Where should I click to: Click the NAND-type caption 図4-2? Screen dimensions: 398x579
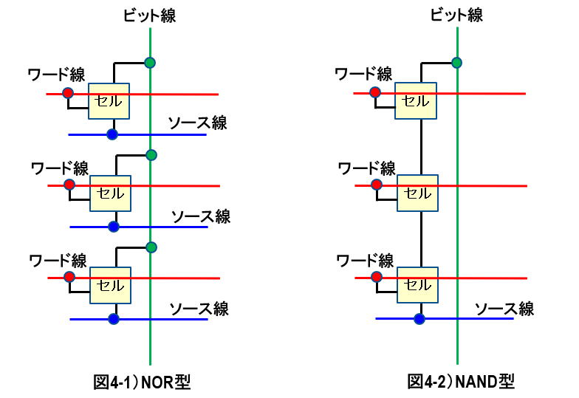pos(462,382)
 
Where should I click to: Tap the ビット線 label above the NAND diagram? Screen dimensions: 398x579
pos(458,15)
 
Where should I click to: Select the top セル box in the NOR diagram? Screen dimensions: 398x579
pos(109,101)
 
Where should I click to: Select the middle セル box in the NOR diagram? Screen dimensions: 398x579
pos(110,193)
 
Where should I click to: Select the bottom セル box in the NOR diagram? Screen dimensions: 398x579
pos(110,285)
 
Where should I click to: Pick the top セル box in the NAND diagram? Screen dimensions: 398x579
pos(416,100)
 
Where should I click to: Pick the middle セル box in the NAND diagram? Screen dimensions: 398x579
pos(417,193)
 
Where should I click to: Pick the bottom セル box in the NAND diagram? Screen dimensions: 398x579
pos(417,284)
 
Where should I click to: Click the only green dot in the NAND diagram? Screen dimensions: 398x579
pos(457,62)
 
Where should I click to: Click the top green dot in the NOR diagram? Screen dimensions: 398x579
pos(150,62)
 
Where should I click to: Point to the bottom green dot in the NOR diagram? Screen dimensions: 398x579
pos(151,247)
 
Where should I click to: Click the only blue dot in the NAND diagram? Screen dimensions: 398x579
pos(419,319)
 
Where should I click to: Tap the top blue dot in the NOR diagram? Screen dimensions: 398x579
pos(112,134)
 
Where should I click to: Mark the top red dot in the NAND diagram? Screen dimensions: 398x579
pos(375,93)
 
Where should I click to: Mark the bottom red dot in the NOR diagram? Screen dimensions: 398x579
pos(69,277)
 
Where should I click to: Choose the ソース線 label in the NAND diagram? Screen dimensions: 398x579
pos(504,308)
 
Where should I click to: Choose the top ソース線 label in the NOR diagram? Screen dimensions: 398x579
pos(197,123)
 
